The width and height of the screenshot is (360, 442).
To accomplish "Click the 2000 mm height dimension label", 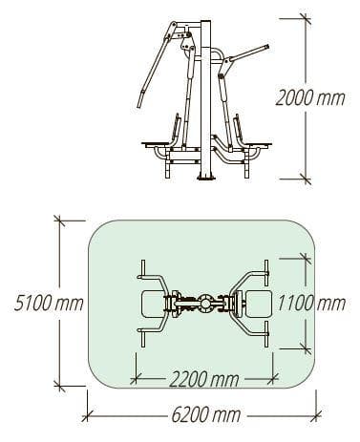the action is pyautogui.click(x=310, y=97).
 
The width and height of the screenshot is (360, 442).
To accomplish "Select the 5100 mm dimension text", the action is pyautogui.click(x=49, y=304).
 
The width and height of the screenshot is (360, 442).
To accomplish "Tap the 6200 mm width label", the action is pyautogui.click(x=206, y=415).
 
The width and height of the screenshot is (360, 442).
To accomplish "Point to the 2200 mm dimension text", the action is pyautogui.click(x=203, y=379).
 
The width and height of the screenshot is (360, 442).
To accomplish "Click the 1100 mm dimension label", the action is pyautogui.click(x=311, y=304).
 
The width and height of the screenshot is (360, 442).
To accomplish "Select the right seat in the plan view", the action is pyautogui.click(x=258, y=304).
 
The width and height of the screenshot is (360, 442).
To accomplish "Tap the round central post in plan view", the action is pyautogui.click(x=205, y=304).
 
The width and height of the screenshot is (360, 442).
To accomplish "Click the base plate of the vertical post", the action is pyautogui.click(x=207, y=179).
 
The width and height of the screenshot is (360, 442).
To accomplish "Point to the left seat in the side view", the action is pyautogui.click(x=159, y=145).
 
